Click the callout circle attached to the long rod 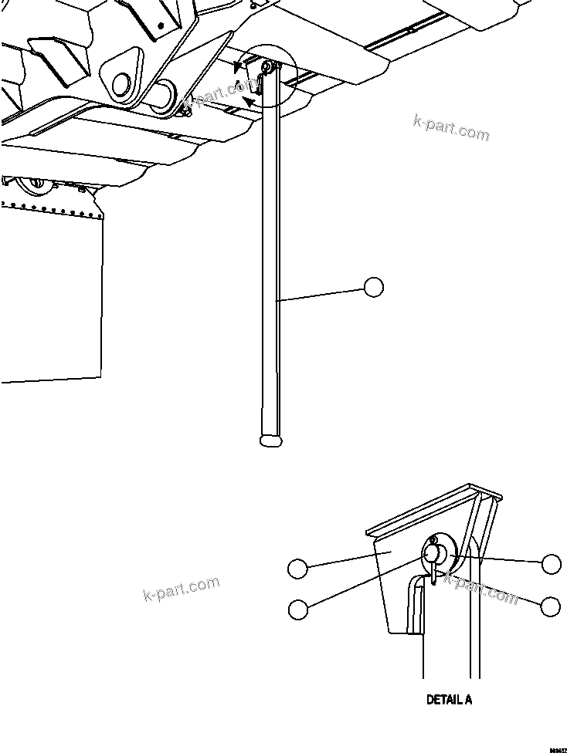point(373,287)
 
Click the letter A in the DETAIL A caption point(467,701)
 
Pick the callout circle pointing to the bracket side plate point(297,569)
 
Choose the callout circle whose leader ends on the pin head point(297,609)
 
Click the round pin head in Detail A point(433,553)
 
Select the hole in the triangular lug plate point(121,82)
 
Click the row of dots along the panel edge point(51,208)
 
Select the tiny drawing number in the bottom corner point(557,748)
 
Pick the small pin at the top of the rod point(266,68)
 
